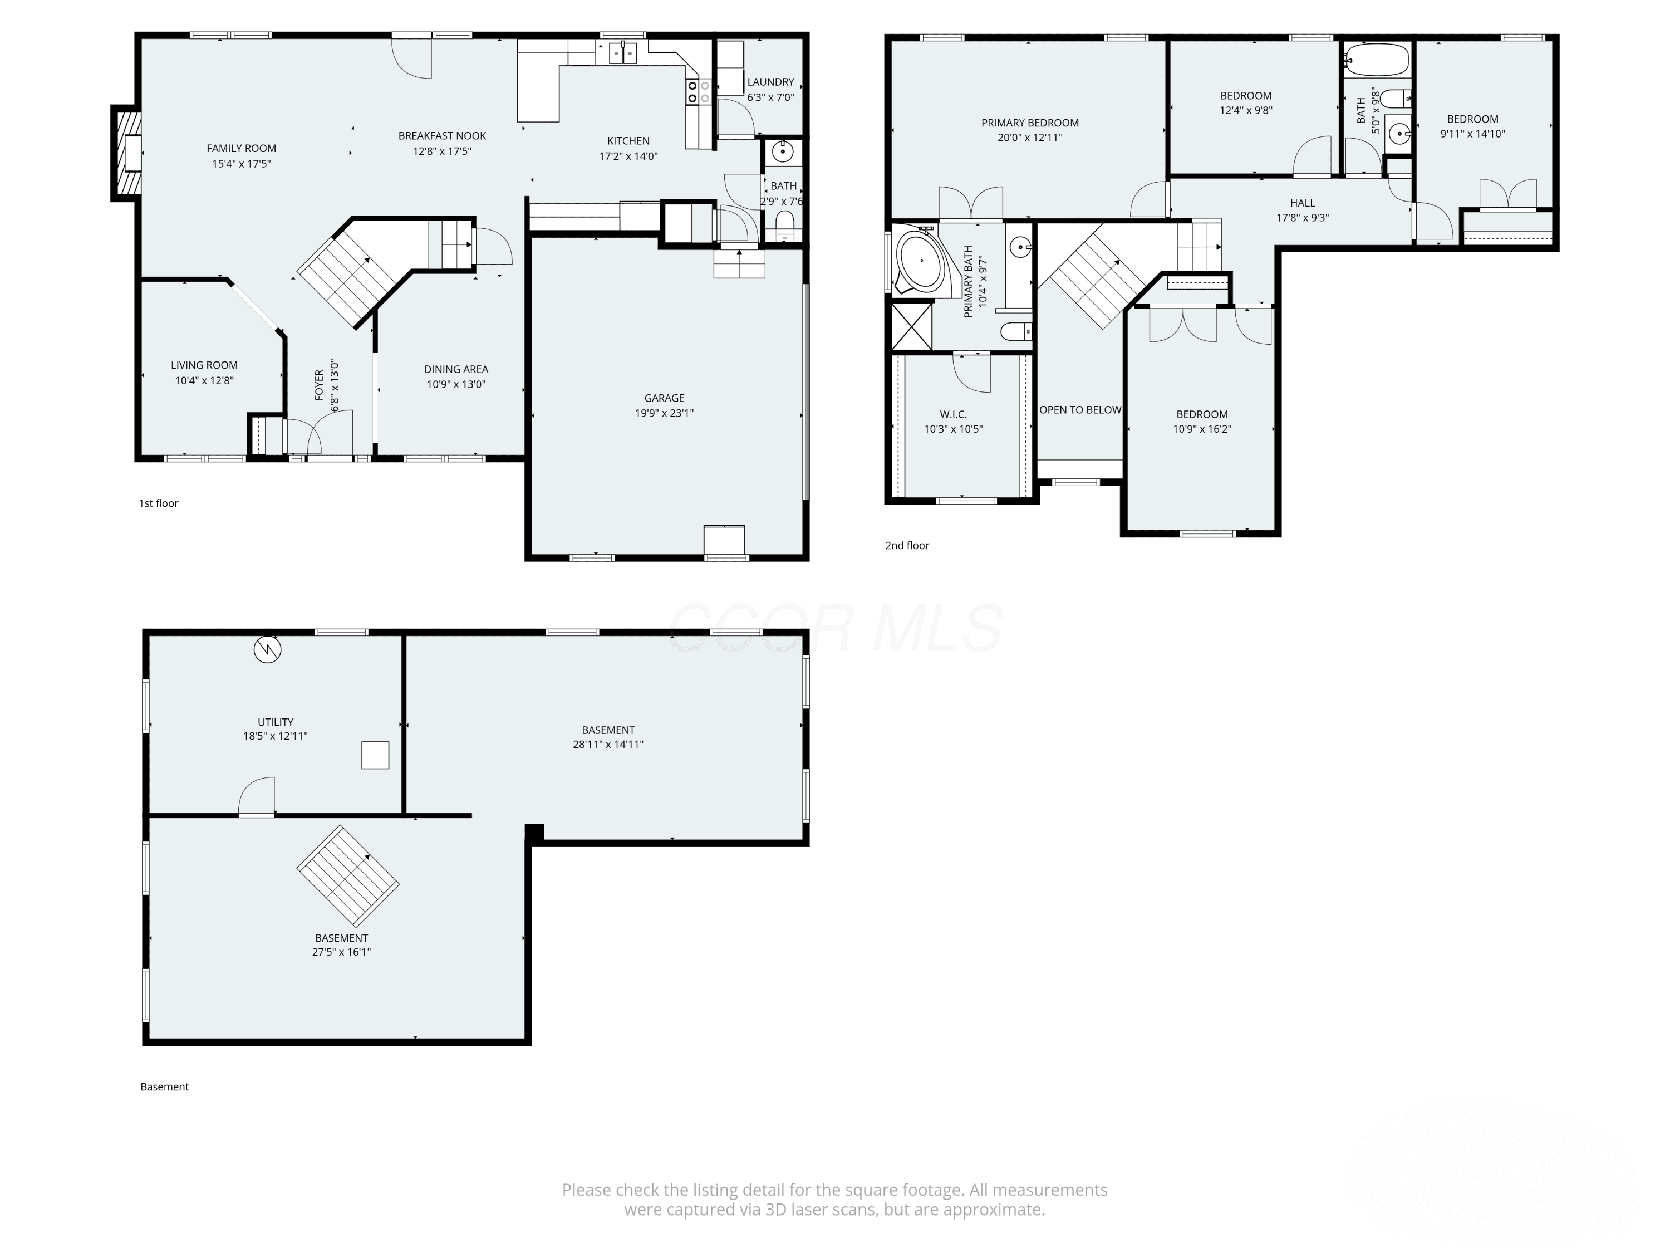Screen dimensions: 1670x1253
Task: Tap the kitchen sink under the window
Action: point(623,53)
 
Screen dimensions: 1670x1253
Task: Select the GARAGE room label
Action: point(664,398)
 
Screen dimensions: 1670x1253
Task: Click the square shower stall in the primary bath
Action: point(912,326)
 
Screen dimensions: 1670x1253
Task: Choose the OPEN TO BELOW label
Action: point(1080,410)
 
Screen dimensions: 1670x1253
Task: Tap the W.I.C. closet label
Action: point(954,414)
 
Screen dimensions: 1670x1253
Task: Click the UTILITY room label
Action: point(276,722)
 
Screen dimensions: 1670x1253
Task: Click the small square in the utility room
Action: point(375,755)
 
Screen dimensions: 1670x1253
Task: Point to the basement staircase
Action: point(348,876)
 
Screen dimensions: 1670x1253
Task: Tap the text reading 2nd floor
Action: point(907,545)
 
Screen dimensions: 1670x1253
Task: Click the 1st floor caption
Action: point(159,503)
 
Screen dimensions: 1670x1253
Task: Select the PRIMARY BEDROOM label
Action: point(1030,123)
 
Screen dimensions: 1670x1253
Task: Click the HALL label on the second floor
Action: point(1303,202)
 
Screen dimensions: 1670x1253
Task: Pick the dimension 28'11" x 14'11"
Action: point(608,744)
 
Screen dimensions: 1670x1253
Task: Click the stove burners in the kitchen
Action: point(699,91)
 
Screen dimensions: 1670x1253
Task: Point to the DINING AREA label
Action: point(456,369)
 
